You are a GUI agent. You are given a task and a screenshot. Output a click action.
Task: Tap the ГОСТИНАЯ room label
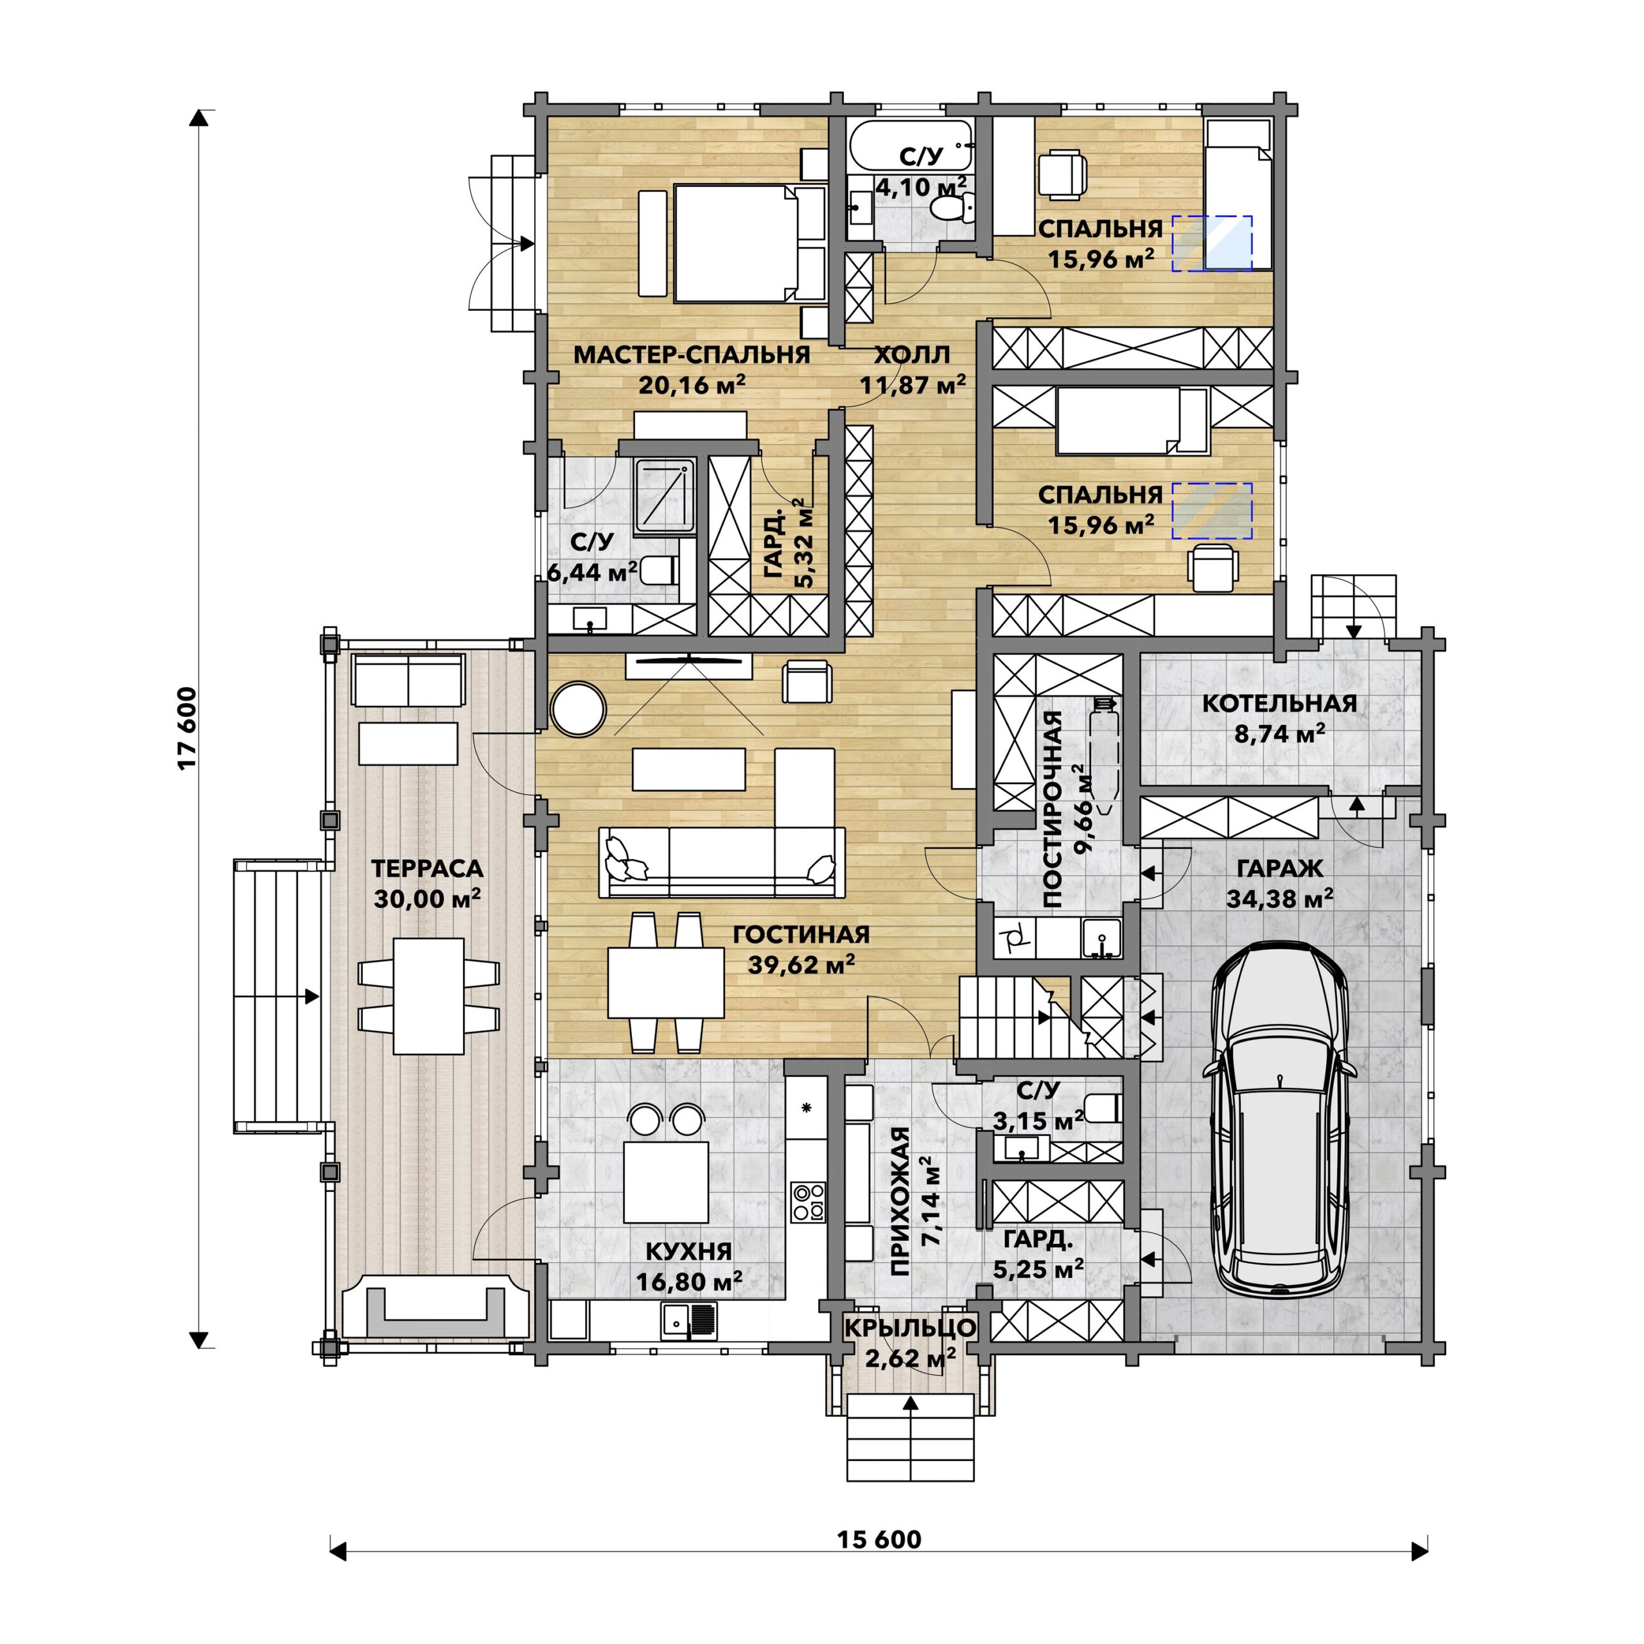pos(801,934)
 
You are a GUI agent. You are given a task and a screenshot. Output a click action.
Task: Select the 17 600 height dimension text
pos(188,728)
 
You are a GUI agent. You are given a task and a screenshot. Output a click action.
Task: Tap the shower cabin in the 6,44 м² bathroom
pos(665,497)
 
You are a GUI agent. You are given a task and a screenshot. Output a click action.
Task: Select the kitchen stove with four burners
pos(807,1202)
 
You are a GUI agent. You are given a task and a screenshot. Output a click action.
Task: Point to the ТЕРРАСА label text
pos(427,869)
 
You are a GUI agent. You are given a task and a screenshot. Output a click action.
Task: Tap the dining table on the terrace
pos(429,995)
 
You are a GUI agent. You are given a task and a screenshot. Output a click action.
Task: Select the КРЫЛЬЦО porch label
pos(911,1327)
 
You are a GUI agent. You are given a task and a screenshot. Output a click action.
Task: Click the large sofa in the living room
pos(722,861)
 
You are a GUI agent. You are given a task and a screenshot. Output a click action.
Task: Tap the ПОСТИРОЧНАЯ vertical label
pos(1053,809)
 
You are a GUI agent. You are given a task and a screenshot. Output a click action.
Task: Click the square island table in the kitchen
pos(667,1182)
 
